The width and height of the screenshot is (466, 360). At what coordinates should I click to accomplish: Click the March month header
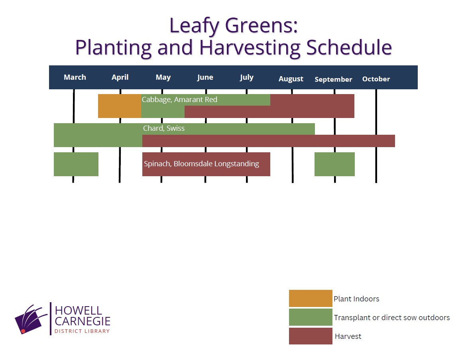point(75,77)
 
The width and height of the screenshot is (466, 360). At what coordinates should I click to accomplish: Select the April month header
point(120,78)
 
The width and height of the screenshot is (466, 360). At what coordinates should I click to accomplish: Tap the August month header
point(291,79)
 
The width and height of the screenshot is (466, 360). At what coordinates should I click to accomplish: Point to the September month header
point(333,79)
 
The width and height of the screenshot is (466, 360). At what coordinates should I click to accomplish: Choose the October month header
point(376,79)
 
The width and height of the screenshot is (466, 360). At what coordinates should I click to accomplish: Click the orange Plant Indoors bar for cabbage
point(120,106)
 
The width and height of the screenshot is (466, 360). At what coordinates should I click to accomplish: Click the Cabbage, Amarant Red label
point(179,100)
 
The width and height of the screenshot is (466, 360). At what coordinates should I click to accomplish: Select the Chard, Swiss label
point(164,128)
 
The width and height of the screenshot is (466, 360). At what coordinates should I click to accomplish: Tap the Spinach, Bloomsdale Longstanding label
point(201,164)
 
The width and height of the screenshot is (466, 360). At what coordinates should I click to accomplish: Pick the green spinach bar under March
point(76,164)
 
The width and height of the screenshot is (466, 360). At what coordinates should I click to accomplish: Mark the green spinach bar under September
point(334,164)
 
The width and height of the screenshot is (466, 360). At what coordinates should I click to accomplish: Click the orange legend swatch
point(311,299)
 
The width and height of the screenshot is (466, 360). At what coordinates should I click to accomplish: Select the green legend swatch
point(311,317)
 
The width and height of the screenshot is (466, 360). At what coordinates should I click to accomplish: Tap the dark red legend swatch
point(311,336)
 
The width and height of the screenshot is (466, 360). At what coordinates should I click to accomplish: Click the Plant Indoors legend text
point(357,299)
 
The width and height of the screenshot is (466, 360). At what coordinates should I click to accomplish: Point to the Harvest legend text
point(348,336)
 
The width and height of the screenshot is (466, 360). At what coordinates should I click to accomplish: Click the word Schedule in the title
point(349,47)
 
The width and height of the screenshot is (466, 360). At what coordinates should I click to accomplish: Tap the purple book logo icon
point(31,319)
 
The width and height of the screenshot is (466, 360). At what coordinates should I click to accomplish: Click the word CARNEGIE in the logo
point(83,321)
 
